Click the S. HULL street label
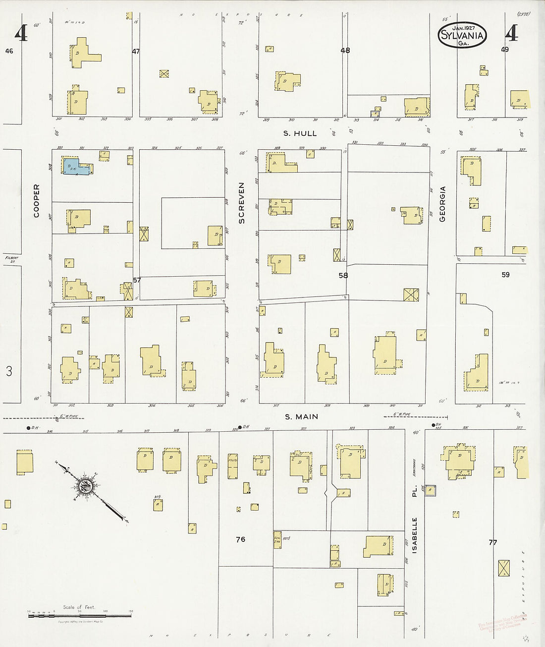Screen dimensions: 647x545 click(x=300, y=133)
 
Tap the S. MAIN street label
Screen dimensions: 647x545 click(x=301, y=417)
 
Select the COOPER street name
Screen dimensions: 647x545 click(x=36, y=201)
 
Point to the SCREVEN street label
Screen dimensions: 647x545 click(x=242, y=203)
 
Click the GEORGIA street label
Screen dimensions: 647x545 click(x=443, y=203)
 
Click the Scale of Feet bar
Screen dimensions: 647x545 click(x=79, y=615)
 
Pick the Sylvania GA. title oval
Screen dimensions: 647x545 click(x=463, y=35)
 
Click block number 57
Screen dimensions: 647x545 click(x=137, y=280)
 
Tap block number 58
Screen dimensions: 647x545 click(x=343, y=276)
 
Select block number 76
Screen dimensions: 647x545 click(x=240, y=539)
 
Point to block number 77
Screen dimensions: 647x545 click(x=492, y=542)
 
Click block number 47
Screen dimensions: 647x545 click(x=136, y=51)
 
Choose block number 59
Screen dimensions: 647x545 click(x=505, y=274)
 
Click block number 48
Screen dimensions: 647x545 click(x=345, y=51)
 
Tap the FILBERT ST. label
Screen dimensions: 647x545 click(x=11, y=259)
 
